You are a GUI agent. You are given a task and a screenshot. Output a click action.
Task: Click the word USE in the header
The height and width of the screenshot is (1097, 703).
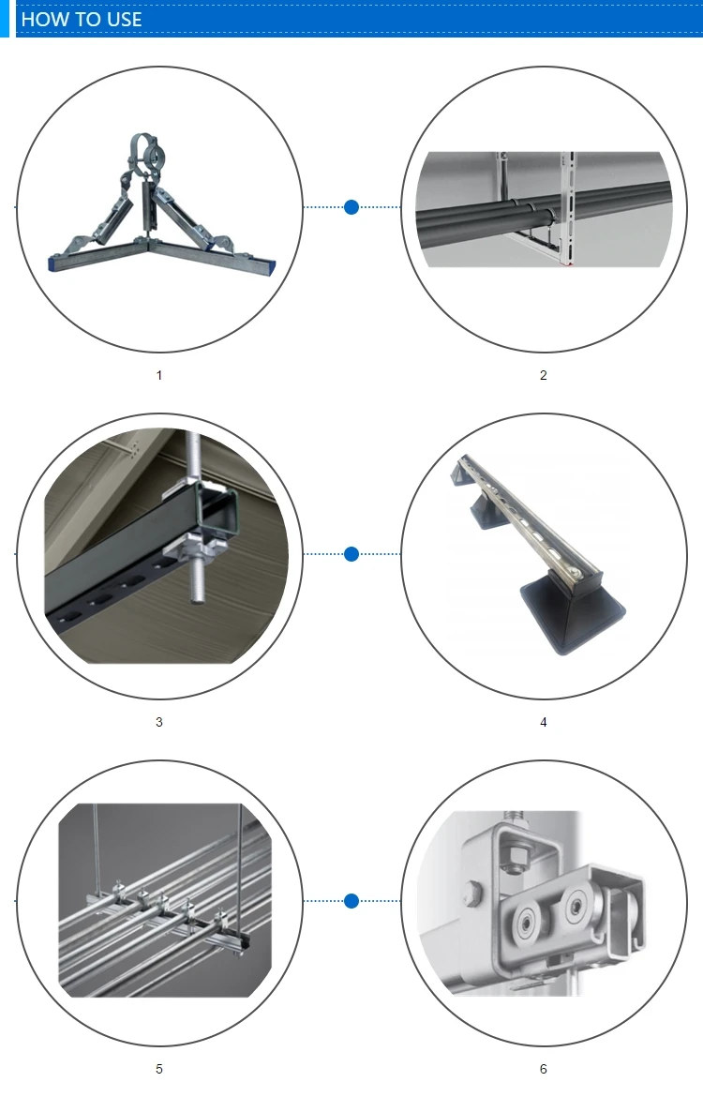[x=124, y=20]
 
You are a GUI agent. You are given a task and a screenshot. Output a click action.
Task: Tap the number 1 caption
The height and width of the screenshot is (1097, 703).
[x=158, y=376]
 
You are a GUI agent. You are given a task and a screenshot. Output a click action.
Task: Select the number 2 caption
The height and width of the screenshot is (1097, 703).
[x=544, y=376]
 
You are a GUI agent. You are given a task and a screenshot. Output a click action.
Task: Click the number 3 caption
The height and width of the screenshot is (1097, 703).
[x=158, y=722]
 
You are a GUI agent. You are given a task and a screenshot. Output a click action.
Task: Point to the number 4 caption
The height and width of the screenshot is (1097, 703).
[x=544, y=722]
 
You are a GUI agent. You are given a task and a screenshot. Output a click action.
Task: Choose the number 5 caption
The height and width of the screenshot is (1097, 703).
[x=158, y=1069]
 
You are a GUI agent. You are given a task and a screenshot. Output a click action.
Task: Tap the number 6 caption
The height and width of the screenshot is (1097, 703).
[x=544, y=1069]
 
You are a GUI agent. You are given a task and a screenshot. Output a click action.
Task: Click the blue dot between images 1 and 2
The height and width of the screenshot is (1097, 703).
[x=351, y=207]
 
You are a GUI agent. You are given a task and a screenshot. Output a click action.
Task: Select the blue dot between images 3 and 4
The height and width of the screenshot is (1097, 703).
[x=351, y=554]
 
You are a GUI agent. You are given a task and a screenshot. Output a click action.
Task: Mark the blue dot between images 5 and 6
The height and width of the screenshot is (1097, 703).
[x=351, y=901]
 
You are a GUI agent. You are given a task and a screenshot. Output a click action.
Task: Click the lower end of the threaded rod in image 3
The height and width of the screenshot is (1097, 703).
[x=197, y=598]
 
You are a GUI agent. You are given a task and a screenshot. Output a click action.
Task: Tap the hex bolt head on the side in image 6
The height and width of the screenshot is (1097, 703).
[x=473, y=892]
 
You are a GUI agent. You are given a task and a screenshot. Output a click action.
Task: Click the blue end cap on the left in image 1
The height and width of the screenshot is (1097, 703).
[x=53, y=263]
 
